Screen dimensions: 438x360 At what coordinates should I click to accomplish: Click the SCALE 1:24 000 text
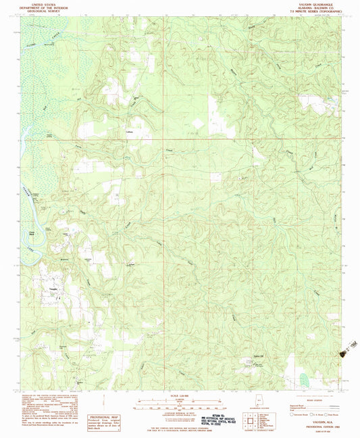point(180,396)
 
